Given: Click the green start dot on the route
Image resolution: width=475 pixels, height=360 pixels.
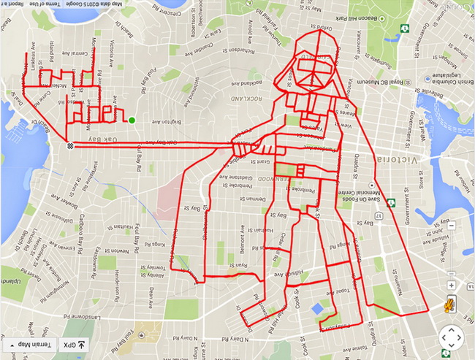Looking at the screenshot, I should tap(132, 120).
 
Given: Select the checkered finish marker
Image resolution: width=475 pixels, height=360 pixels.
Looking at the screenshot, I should tap(69, 146).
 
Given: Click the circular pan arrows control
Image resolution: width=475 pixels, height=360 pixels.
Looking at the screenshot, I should tap(452, 338).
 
